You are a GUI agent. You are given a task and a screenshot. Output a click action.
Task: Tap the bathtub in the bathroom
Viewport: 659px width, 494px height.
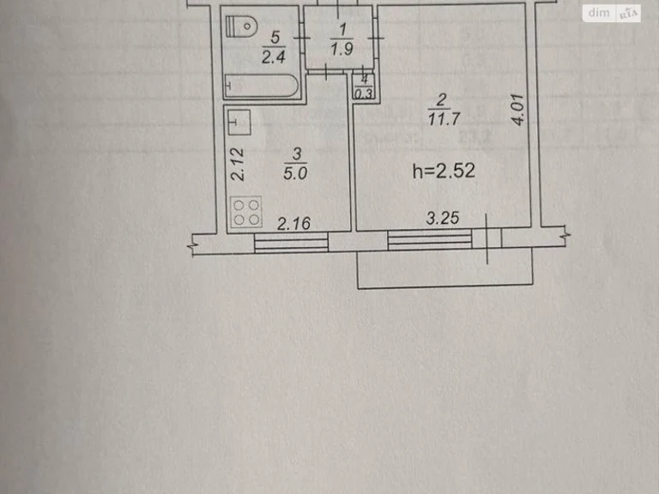click(x=262, y=86)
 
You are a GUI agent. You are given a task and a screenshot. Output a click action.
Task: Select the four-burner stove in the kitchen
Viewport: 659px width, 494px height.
click(x=246, y=212)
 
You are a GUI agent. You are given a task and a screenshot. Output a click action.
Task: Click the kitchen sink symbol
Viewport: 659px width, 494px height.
click(x=239, y=123)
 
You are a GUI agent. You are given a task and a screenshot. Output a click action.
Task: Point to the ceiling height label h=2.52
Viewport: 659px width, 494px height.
click(x=444, y=171)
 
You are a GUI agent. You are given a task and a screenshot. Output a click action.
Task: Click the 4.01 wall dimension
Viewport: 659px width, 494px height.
click(x=518, y=110)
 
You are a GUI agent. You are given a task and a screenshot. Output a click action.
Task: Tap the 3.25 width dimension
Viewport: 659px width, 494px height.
click(x=443, y=218)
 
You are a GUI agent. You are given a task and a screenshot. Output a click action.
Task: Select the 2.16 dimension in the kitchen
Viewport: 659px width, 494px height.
click(x=293, y=224)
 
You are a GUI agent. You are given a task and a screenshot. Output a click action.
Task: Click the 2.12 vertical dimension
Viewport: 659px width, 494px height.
click(x=238, y=165)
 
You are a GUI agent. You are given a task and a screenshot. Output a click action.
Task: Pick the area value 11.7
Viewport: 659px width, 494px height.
click(x=444, y=119)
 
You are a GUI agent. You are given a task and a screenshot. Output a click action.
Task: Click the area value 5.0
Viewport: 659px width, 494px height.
click(x=295, y=173)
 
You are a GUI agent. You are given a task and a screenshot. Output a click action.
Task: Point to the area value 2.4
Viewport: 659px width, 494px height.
click(x=274, y=57)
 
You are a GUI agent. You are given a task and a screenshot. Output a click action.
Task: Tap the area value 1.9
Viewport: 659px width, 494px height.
click(x=342, y=49)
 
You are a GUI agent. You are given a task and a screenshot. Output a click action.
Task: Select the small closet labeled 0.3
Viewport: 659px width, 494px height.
click(x=364, y=87)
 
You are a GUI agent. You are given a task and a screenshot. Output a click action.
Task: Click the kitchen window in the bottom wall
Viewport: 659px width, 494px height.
click(x=291, y=243)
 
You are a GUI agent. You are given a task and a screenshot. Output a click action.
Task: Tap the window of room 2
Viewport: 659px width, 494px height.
click(x=430, y=239)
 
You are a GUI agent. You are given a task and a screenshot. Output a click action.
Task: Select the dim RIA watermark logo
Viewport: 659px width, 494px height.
click(x=612, y=14)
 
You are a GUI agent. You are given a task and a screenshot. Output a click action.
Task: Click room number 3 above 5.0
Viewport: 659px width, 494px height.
click(x=297, y=154)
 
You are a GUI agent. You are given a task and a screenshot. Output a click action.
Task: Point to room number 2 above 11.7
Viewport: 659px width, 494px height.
click(x=441, y=100)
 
